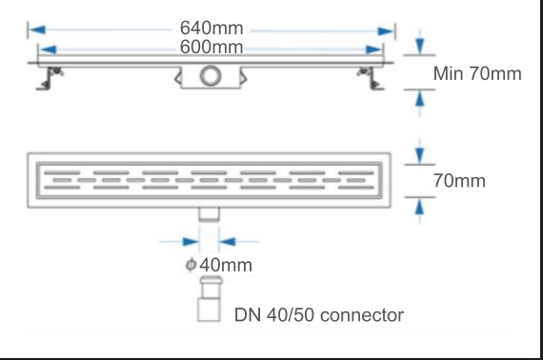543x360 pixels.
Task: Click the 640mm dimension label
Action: pos(211,28)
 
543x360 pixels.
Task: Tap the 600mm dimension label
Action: pos(211,47)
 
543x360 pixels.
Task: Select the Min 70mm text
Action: pos(477,73)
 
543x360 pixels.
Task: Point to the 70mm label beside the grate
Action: pos(459,181)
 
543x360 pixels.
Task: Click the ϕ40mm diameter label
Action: pos(219,265)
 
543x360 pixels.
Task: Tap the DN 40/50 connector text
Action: pos(319,315)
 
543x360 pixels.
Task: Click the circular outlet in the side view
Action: pos(211,76)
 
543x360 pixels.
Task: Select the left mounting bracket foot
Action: pos(50,79)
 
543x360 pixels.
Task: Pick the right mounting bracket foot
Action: pos(371,79)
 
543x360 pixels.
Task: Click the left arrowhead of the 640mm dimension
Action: pos(37,30)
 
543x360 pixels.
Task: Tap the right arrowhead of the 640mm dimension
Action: pos(386,31)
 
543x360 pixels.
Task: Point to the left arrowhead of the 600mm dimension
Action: pos(48,50)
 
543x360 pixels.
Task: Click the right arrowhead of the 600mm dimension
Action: pos(373,50)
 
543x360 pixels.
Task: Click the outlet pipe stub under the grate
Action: pos(209,214)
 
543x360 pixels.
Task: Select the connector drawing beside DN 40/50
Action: pos(210,299)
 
